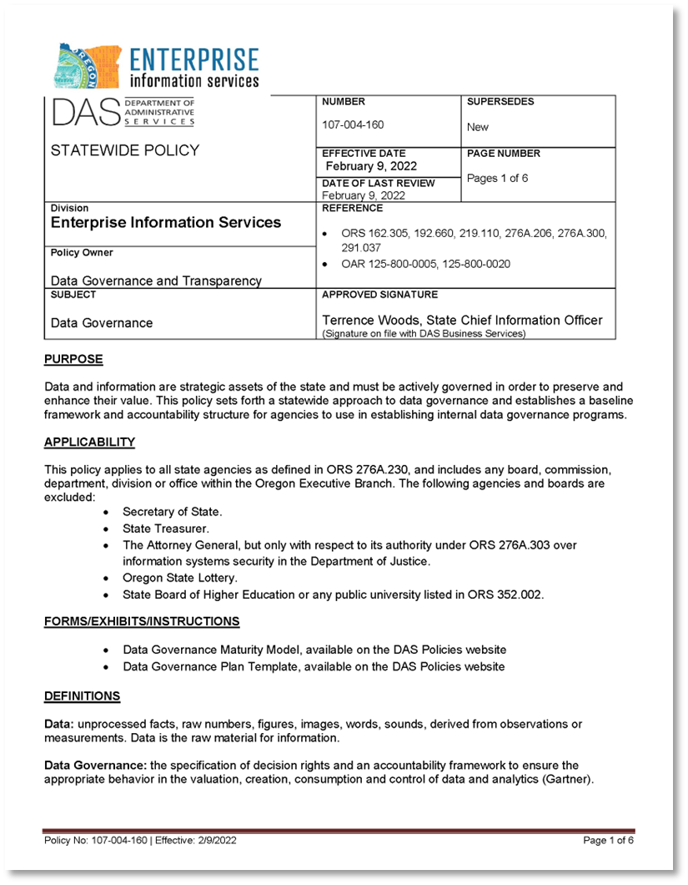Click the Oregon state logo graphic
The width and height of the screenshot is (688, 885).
[x=87, y=68]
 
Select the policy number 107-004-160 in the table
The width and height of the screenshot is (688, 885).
[x=353, y=124]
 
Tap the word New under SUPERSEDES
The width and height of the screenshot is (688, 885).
[x=478, y=127]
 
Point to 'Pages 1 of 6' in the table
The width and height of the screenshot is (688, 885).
[x=497, y=178]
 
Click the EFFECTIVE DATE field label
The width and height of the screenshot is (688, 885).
[x=364, y=153]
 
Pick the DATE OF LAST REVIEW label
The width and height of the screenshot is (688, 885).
[x=378, y=183]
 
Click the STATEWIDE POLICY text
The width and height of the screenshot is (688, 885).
[x=125, y=150]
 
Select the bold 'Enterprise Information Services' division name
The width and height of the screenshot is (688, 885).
[x=166, y=222]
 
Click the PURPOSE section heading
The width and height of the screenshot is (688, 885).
[x=73, y=359]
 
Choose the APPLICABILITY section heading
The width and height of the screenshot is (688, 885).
[x=89, y=442]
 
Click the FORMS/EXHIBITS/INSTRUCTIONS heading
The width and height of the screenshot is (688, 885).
[x=142, y=621]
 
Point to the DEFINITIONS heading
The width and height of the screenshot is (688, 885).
[x=82, y=695]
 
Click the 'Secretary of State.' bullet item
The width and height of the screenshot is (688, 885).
[x=173, y=511]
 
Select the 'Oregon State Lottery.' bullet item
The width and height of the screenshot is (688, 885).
[x=180, y=578]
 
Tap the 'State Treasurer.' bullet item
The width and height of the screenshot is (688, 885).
[x=166, y=528]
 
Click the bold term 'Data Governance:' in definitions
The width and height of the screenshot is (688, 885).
[x=95, y=765]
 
